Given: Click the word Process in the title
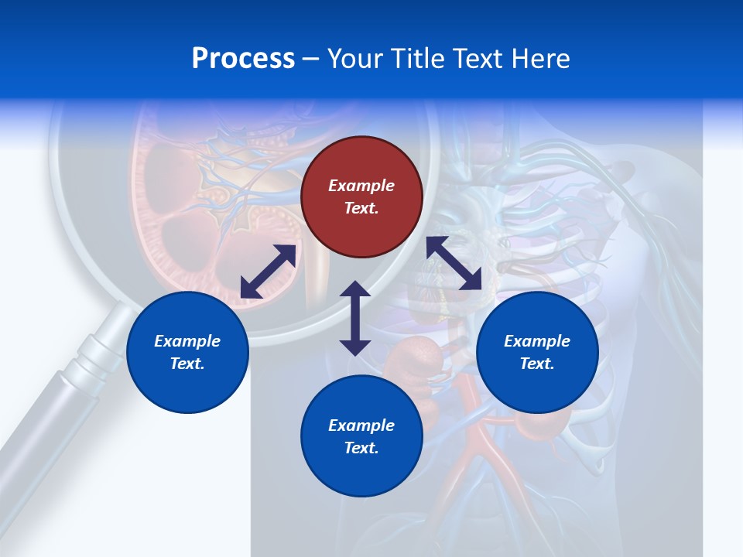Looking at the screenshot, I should pos(243,59).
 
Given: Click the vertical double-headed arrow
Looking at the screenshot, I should pos(355,318).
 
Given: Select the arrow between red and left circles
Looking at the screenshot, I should pos(268,272).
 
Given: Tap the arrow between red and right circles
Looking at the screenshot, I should pos(454,263).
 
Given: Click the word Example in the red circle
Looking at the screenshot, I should pos(361,186).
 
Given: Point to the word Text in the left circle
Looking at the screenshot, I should pos(187,364).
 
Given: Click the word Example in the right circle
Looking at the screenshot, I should pos(537,341).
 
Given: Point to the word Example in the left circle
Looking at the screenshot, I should pos(187,341).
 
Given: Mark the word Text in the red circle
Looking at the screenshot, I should pos(361,208).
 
